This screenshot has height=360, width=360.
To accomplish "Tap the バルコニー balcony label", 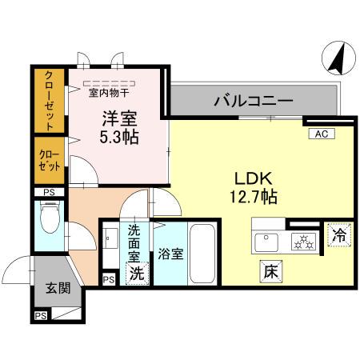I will [x=252, y=102].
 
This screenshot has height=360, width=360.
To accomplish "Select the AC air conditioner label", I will [x=319, y=134].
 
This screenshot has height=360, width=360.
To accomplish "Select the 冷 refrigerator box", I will [x=338, y=236].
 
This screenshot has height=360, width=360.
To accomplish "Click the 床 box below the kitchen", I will [x=270, y=273].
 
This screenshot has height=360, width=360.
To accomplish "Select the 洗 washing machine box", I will [x=137, y=273].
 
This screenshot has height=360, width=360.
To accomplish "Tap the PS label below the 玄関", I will [x=40, y=317].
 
